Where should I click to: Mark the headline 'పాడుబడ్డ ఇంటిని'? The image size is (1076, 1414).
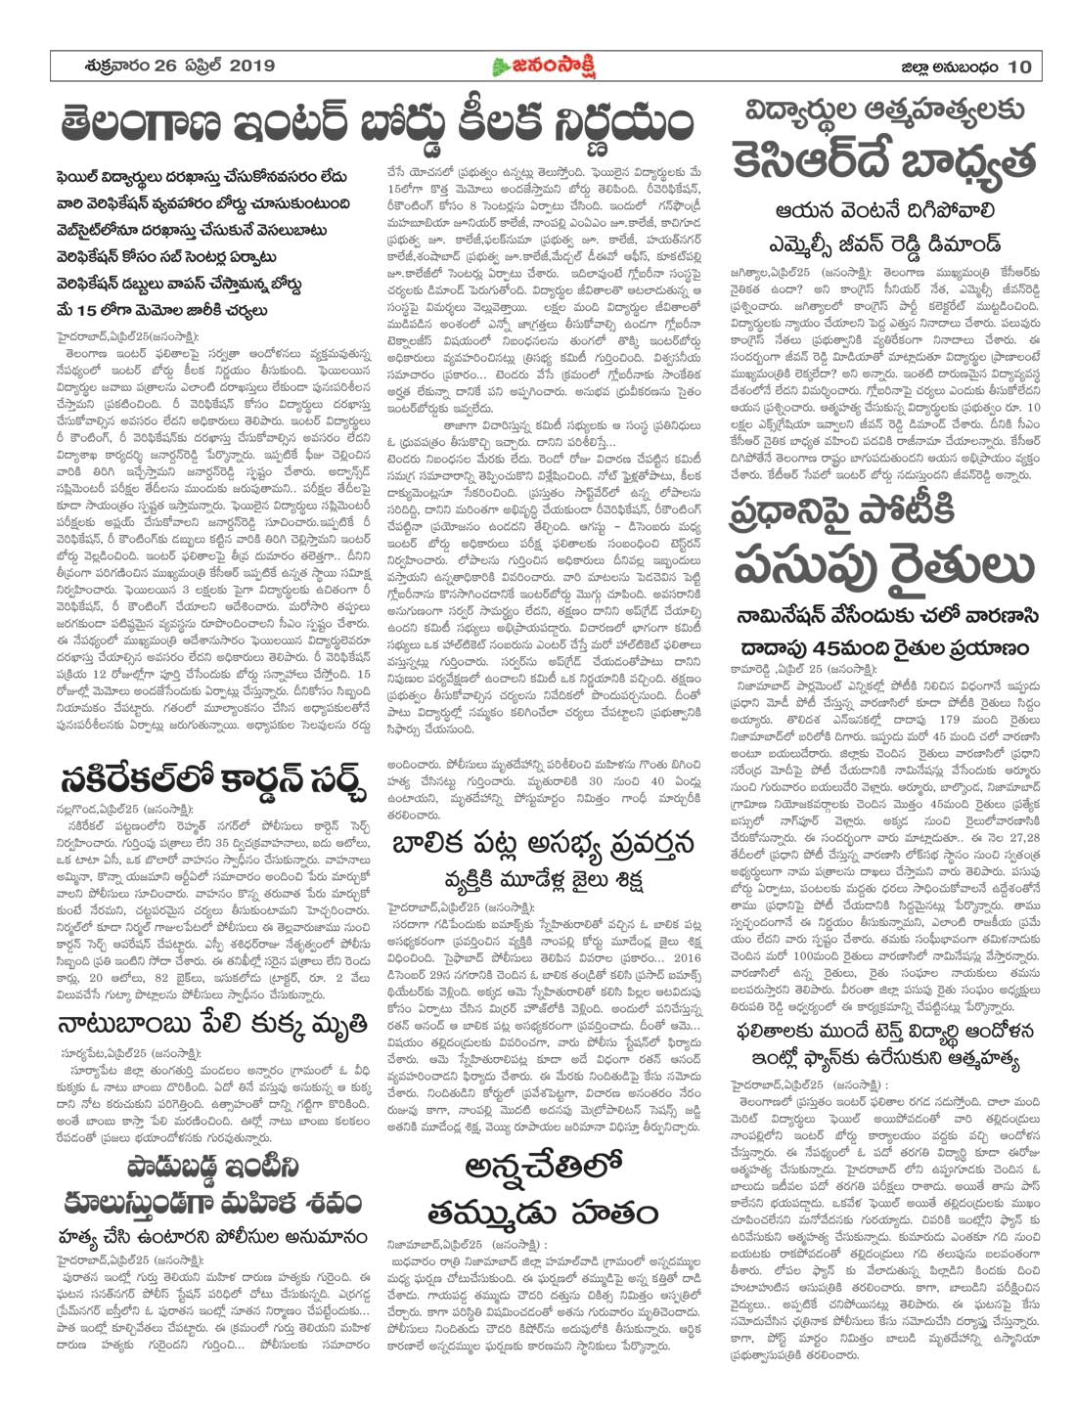tap(201, 1167)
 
